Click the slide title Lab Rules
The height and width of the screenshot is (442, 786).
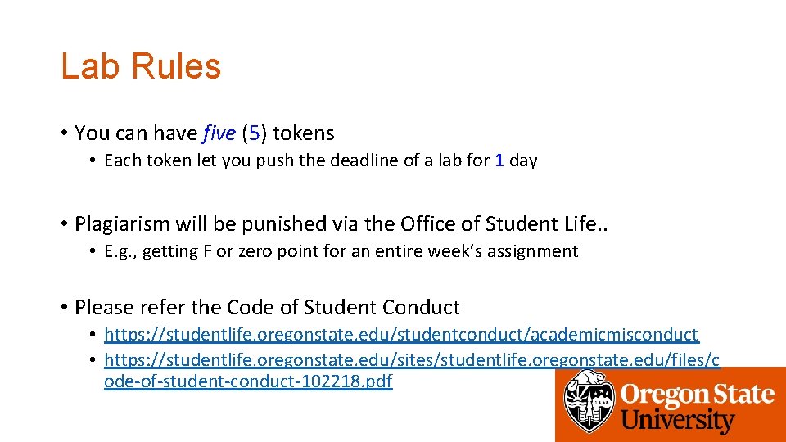(141, 66)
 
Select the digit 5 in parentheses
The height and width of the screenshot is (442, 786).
(254, 133)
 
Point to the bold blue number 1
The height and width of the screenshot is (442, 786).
(499, 160)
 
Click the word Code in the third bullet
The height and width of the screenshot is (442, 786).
(251, 308)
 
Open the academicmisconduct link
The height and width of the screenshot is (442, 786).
(401, 335)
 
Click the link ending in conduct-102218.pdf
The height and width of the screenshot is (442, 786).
(248, 381)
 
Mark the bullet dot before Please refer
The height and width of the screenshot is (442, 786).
(64, 308)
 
